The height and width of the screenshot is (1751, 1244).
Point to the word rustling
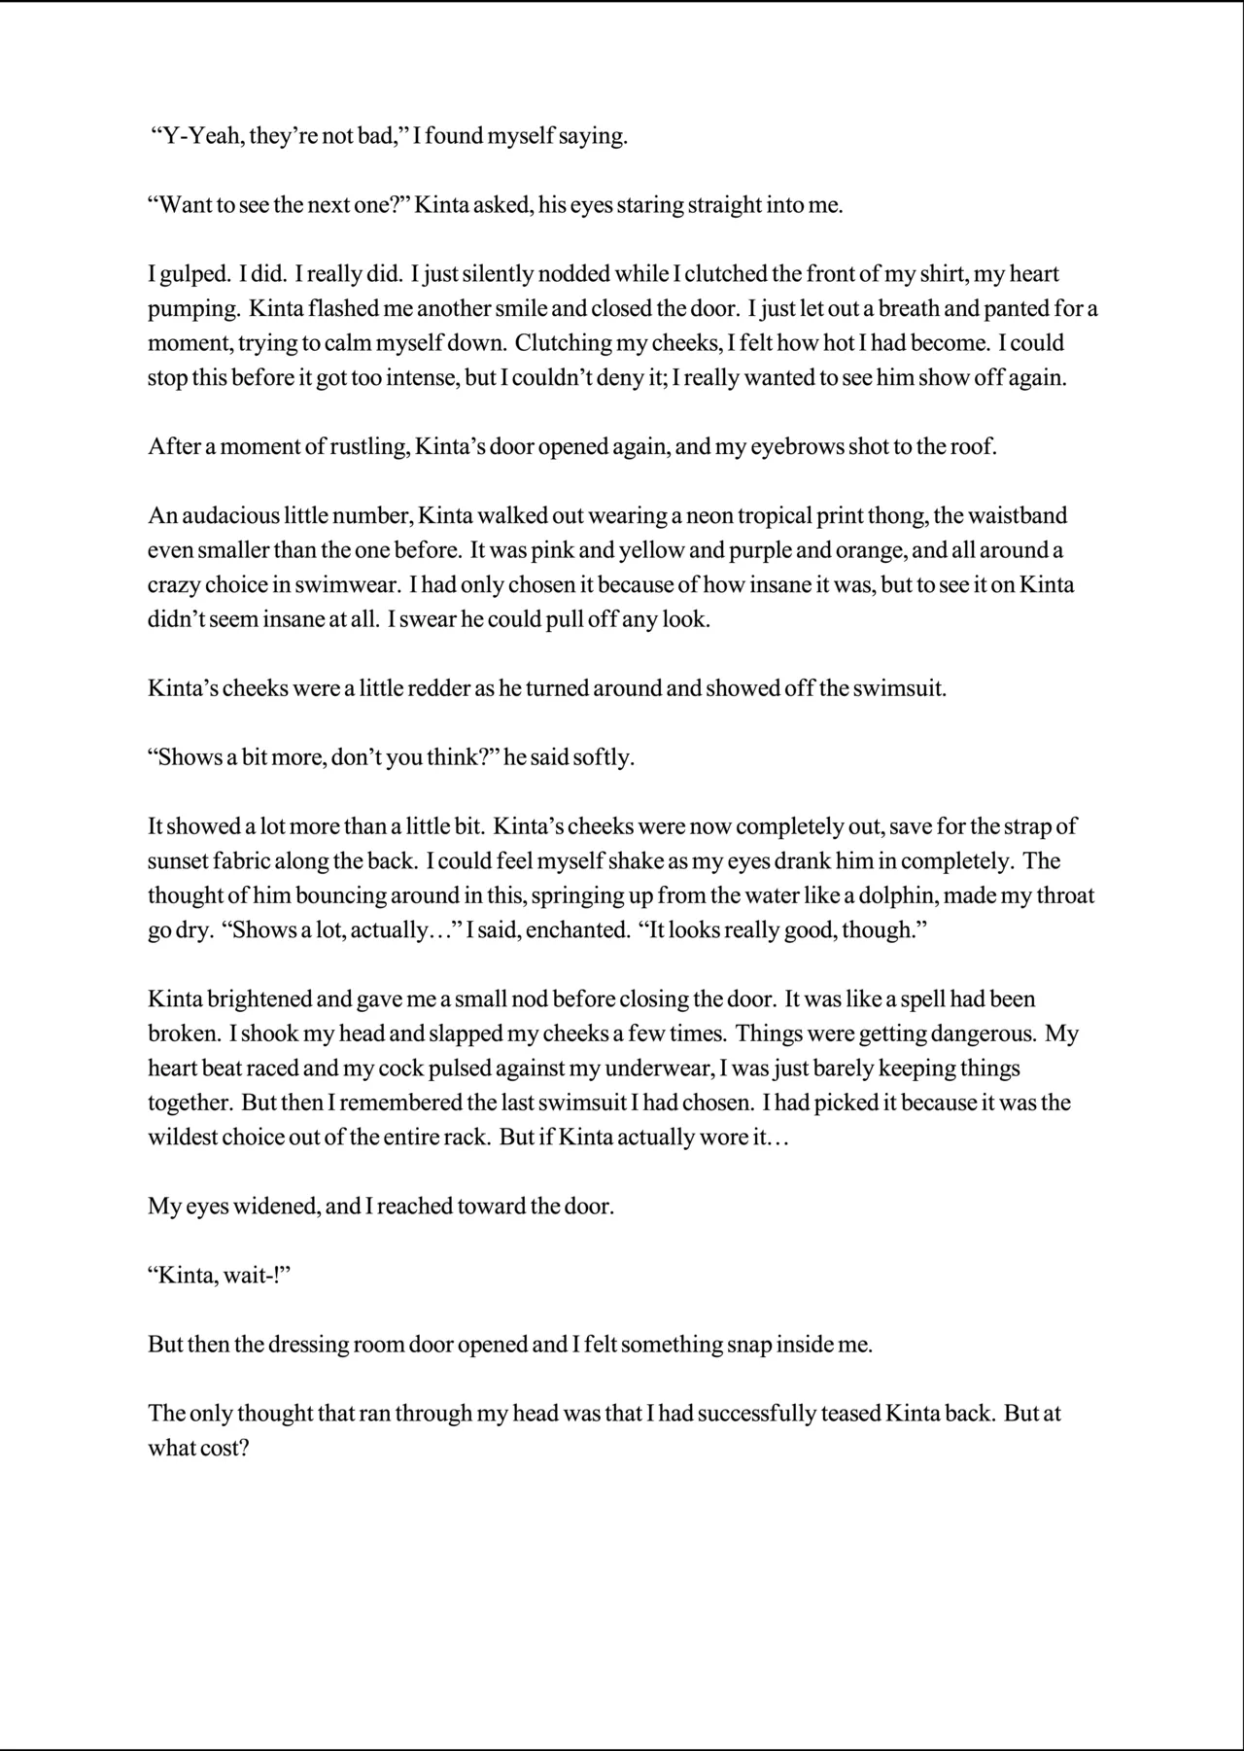(x=369, y=447)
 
